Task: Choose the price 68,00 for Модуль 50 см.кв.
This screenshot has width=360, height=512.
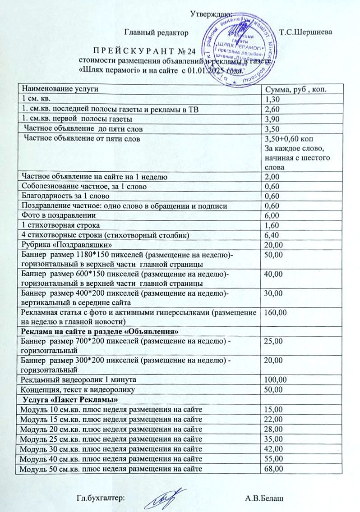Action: (274, 469)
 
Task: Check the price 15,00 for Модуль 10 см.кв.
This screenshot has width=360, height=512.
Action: (274, 409)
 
